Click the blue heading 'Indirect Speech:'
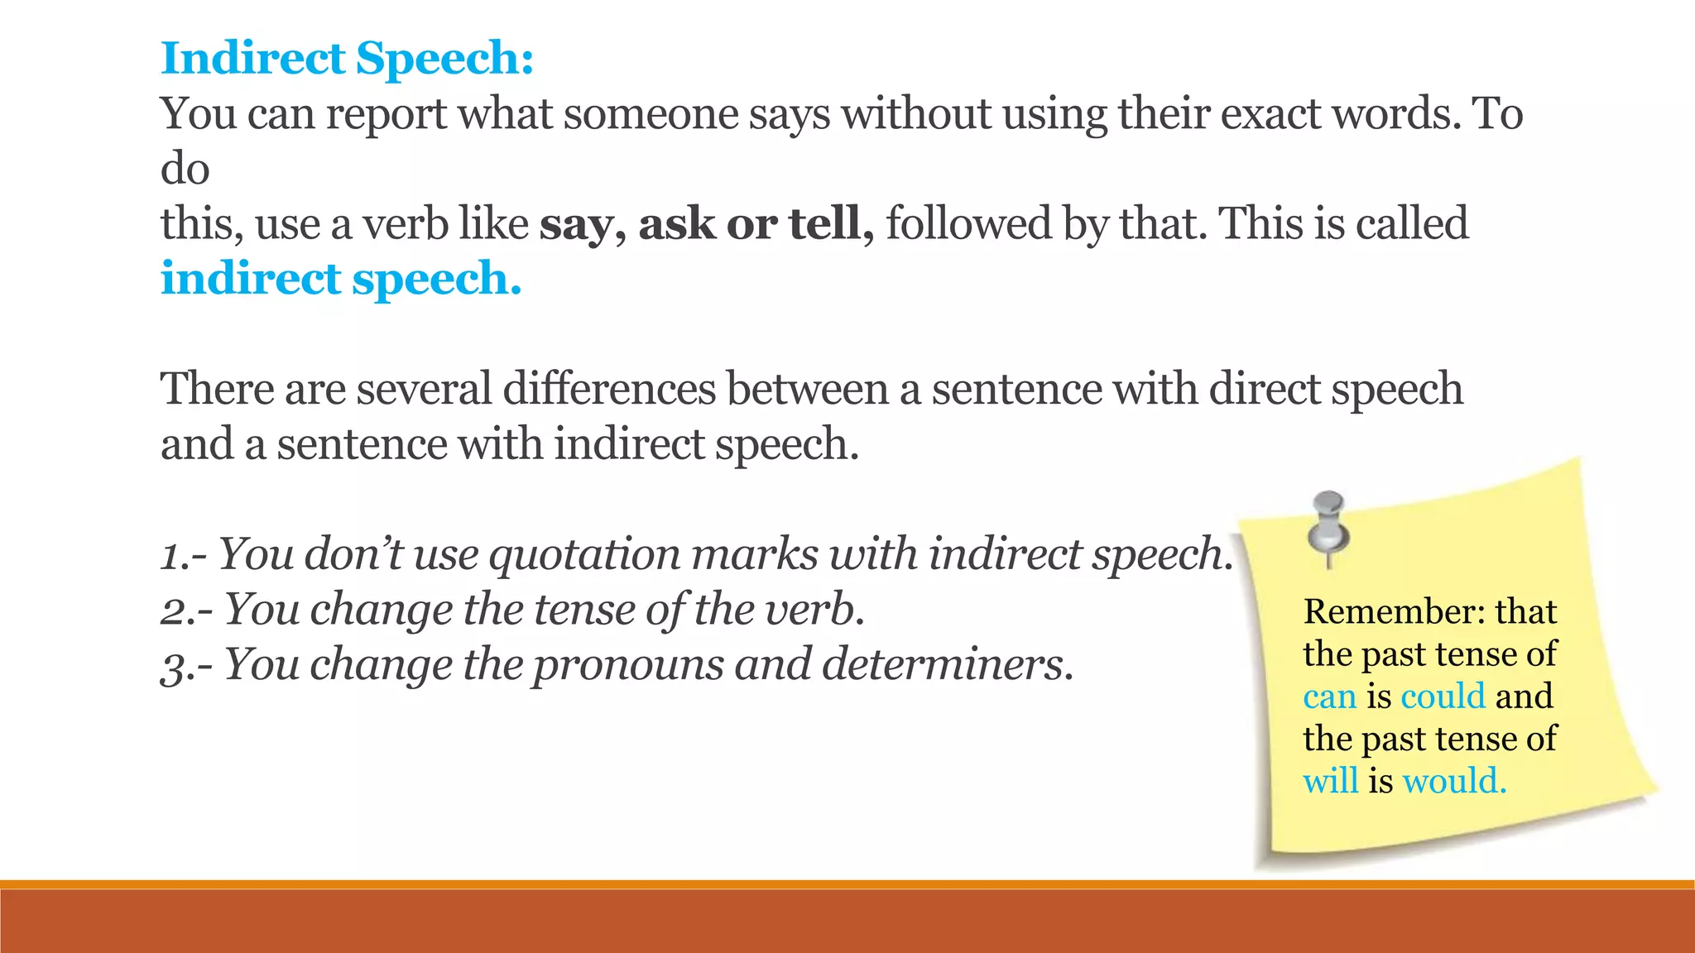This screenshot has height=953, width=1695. (347, 58)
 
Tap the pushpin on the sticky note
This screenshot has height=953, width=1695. (1328, 526)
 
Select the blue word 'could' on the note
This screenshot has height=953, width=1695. (1443, 696)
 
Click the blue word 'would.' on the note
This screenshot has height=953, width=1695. (1454, 781)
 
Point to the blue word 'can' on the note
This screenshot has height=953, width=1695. (1329, 697)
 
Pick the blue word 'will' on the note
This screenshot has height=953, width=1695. (1330, 781)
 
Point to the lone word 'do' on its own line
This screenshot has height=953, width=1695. (185, 169)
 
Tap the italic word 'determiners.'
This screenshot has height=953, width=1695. (947, 664)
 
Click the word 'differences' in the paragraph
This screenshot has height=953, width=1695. (608, 389)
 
